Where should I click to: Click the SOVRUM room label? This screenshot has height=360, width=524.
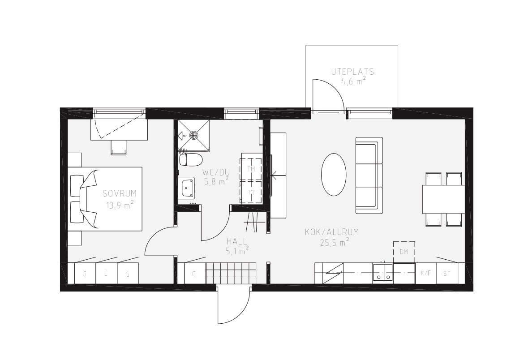[120, 193]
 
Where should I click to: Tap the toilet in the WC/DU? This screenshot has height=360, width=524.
[190, 159]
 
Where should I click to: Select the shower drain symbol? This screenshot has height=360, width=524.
[194, 135]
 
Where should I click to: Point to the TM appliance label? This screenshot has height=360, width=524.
[251, 169]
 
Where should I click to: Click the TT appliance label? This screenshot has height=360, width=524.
[251, 193]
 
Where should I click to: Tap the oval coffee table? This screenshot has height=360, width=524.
[334, 172]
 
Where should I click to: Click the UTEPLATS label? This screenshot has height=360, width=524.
[352, 72]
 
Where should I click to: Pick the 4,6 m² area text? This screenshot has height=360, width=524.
[353, 81]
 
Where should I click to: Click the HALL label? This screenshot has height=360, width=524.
[236, 241]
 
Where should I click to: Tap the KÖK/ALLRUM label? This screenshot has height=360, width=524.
[332, 232]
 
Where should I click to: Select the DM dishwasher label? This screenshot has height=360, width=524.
[404, 252]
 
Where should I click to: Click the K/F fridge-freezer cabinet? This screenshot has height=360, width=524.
[426, 273]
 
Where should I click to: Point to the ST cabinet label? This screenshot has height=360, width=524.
[447, 274]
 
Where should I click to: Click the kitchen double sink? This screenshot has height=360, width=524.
[383, 272]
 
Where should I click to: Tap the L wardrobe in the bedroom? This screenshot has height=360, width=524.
[106, 274]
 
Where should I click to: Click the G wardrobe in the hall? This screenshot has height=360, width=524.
[194, 274]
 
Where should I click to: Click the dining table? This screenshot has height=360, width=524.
[443, 199]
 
